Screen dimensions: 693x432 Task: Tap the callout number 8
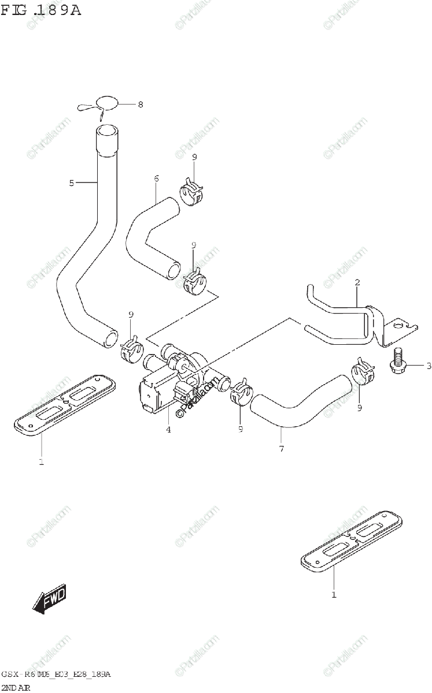tap(140, 105)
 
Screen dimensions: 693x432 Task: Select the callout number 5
tap(72, 183)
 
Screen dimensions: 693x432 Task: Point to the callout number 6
tap(156, 178)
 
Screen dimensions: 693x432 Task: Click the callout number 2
tap(357, 282)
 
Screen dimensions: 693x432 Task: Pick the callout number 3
tap(429, 366)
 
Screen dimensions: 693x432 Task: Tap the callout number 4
tap(168, 429)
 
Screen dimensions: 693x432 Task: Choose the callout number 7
tap(282, 448)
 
